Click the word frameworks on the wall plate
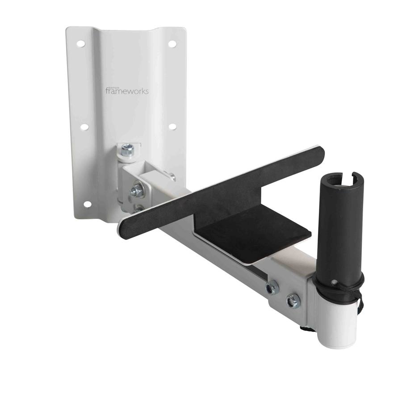pos(127,91)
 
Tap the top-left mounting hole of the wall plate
pos(81,44)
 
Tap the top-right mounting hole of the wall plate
pos(172,44)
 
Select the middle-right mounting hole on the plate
pos(172,126)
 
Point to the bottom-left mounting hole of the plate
pos(87,204)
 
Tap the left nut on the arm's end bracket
pos(272,289)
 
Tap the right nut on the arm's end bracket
pos(293,302)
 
